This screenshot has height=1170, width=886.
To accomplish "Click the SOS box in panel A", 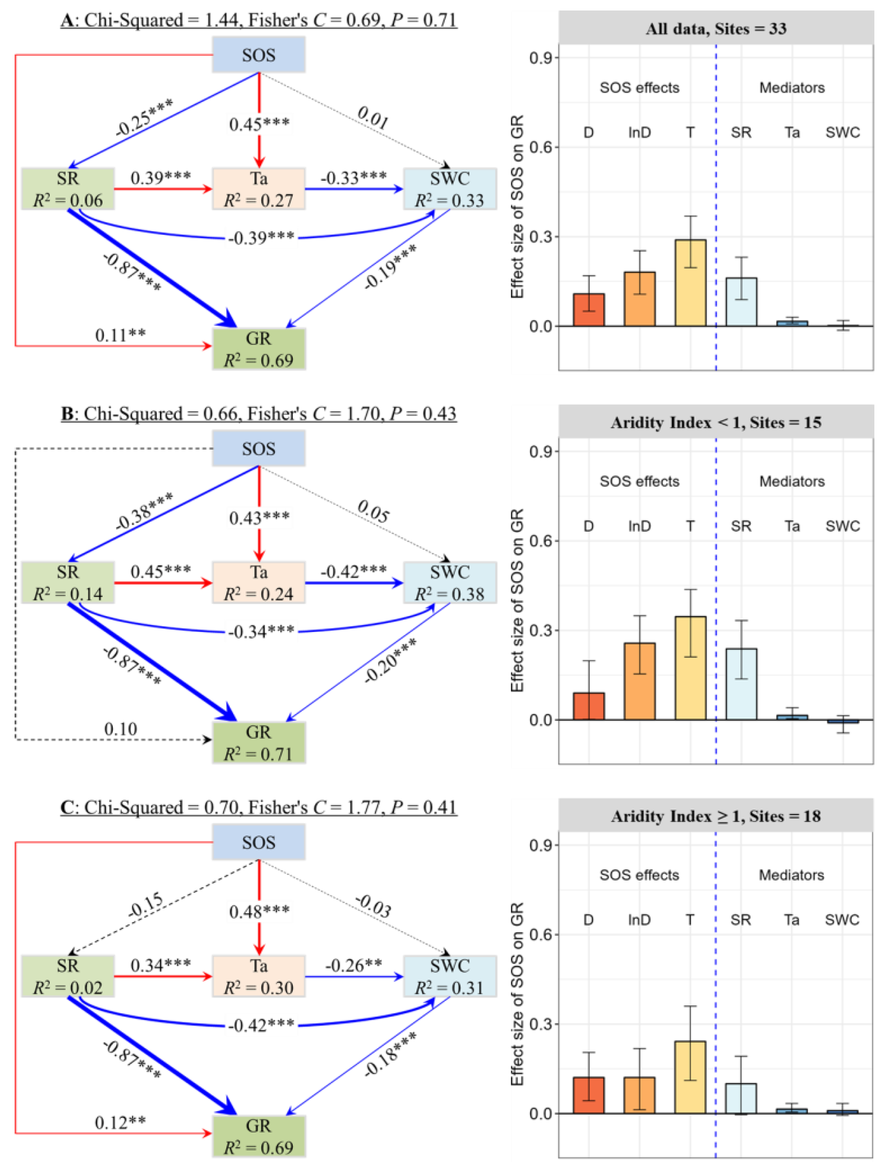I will pyautogui.click(x=259, y=54).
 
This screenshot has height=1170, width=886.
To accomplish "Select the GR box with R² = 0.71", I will pyautogui.click(x=259, y=742).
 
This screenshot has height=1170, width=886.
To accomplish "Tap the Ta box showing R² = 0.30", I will pyautogui.click(x=259, y=976).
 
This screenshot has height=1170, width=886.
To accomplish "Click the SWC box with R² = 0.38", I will pyautogui.click(x=449, y=582).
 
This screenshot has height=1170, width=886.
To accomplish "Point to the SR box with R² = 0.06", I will pyautogui.click(x=68, y=189).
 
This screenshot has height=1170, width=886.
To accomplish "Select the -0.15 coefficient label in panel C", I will pyautogui.click(x=146, y=906).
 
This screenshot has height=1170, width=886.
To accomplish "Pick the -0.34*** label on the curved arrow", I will pyautogui.click(x=261, y=631).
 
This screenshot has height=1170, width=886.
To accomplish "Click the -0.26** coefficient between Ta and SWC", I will pyautogui.click(x=353, y=965).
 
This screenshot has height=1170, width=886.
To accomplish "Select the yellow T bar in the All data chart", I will pyautogui.click(x=690, y=283).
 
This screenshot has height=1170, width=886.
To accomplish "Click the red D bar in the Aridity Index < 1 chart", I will pyautogui.click(x=588, y=706).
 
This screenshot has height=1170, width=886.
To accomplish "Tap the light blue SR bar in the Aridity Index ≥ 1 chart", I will pyautogui.click(x=741, y=1099).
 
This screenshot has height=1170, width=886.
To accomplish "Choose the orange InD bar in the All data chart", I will pyautogui.click(x=639, y=299).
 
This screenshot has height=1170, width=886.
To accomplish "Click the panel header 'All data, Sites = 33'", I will pyautogui.click(x=716, y=28).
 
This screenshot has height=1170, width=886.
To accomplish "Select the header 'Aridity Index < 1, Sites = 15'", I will pyautogui.click(x=716, y=422).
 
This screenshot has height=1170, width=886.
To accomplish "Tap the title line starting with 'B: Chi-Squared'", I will pyautogui.click(x=259, y=414).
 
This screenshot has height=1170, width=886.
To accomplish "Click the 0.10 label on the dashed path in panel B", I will pyautogui.click(x=121, y=729).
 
